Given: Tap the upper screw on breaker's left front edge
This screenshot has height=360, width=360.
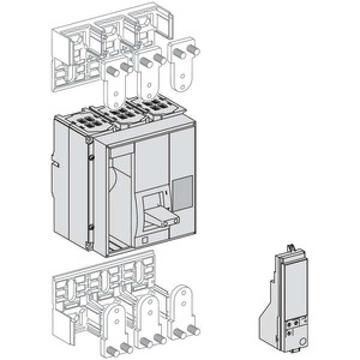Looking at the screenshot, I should tap(91, 157).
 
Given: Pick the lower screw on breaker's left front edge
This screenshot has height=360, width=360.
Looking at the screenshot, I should tap(91, 226).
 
